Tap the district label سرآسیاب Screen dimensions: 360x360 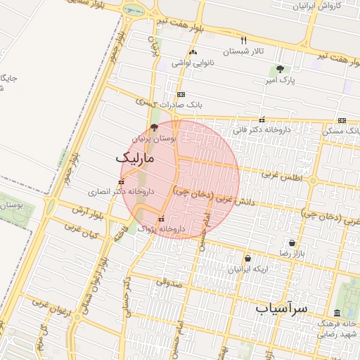pyautogui.click(x=281, y=308)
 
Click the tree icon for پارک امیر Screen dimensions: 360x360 pyautogui.click(x=281, y=69)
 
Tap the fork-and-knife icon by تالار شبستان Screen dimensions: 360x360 pyautogui.click(x=244, y=40)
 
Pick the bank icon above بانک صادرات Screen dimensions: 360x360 pyautogui.click(x=181, y=94)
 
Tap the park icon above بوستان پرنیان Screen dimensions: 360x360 pyautogui.click(x=154, y=127)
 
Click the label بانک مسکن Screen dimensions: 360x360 pyautogui.click(x=341, y=131)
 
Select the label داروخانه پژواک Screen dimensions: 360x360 pyautogui.click(x=161, y=229)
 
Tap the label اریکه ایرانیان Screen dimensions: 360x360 pyautogui.click(x=247, y=269)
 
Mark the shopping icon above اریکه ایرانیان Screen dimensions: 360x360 pyautogui.click(x=247, y=258)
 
